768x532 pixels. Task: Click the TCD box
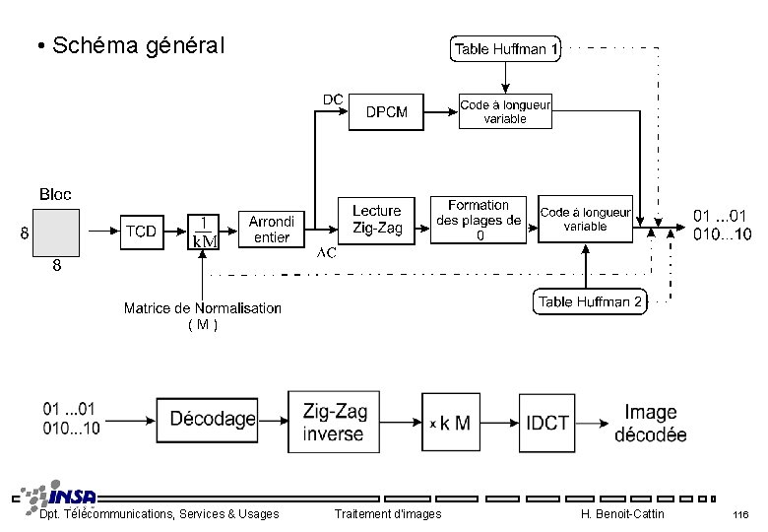pyautogui.click(x=142, y=231)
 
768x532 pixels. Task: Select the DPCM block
pyautogui.click(x=387, y=111)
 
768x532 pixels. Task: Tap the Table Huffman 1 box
pyautogui.click(x=505, y=48)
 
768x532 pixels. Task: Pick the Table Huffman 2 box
pyautogui.click(x=590, y=301)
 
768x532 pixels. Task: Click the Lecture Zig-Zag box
pyautogui.click(x=377, y=220)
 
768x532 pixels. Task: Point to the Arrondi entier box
pyautogui.click(x=271, y=230)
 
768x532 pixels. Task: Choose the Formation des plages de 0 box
pyautogui.click(x=479, y=220)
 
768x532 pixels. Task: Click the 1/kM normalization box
pyautogui.click(x=204, y=232)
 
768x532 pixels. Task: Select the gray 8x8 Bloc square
pyautogui.click(x=55, y=233)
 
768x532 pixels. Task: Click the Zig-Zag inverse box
pyautogui.click(x=333, y=422)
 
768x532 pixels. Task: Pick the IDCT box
pyautogui.click(x=547, y=423)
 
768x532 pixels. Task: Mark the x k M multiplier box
pyautogui.click(x=449, y=423)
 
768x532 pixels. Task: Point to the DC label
pyautogui.click(x=333, y=100)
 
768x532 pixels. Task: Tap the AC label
pyautogui.click(x=326, y=253)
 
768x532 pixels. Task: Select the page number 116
pyautogui.click(x=740, y=515)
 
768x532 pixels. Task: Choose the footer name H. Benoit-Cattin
pyautogui.click(x=622, y=514)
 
